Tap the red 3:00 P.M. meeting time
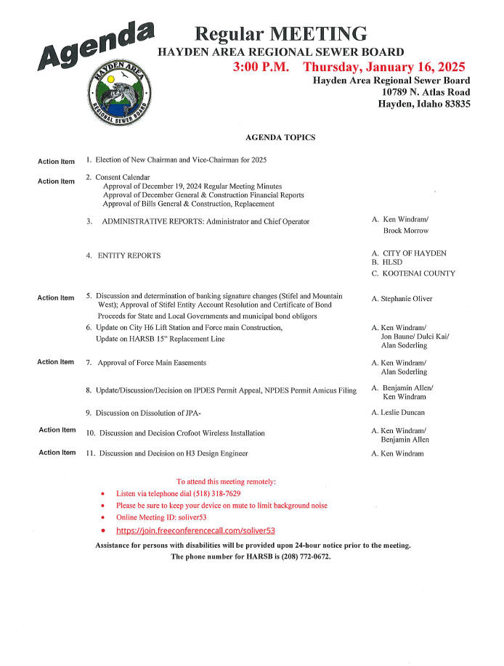tap(261, 67)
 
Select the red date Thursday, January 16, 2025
tap(383, 67)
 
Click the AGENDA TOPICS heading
tap(280, 137)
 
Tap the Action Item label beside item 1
tap(56, 161)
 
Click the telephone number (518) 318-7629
tap(214, 493)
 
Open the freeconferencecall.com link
tap(195, 530)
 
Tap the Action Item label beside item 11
tap(57, 453)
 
